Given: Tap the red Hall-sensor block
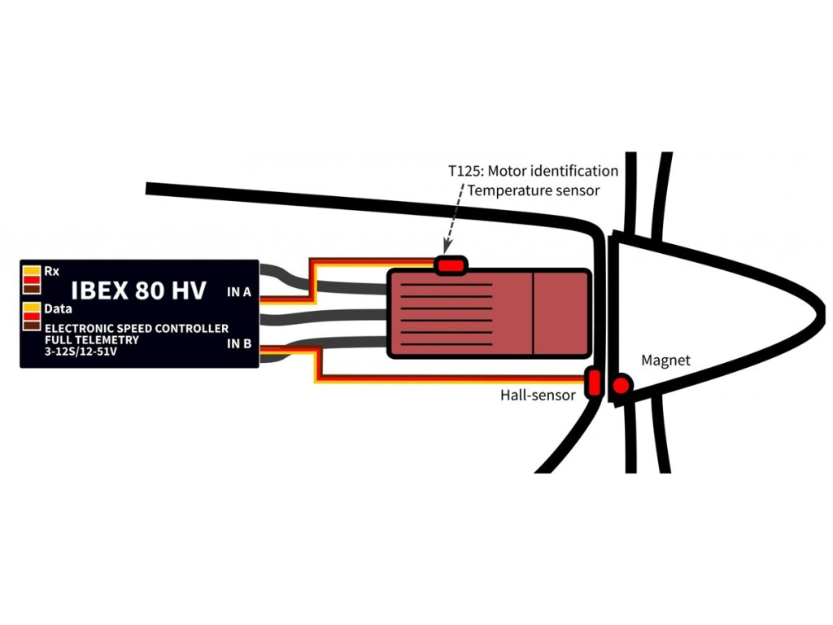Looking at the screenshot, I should [x=594, y=382].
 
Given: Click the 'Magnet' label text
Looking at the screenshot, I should [x=665, y=360].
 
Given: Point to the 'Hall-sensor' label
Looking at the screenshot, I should [x=538, y=396].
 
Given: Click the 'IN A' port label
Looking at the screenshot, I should [x=238, y=292].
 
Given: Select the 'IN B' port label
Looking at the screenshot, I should [x=238, y=344].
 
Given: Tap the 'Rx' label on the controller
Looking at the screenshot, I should [x=52, y=270].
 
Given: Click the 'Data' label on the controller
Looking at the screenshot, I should [x=58, y=309].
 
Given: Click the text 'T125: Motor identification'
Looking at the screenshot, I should [x=533, y=172].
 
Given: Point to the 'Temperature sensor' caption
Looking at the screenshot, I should [x=534, y=191].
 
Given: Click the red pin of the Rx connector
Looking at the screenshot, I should [x=32, y=281].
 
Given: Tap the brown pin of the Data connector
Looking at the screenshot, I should [x=32, y=326].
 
